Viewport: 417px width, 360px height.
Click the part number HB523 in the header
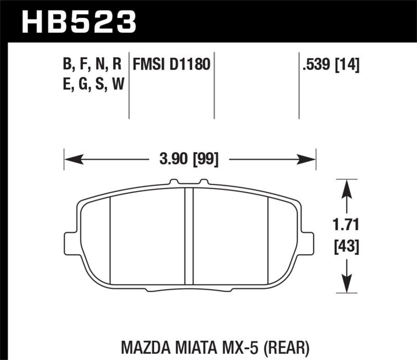click(78, 22)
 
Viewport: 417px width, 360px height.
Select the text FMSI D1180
click(171, 65)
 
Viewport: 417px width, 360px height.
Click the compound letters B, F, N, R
click(92, 65)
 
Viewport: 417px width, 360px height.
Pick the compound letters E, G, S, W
click(92, 83)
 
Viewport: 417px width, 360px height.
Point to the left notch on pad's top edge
click(174, 182)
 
